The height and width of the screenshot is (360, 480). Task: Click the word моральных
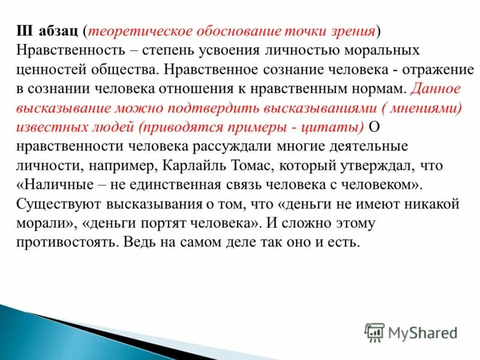[x=377, y=50]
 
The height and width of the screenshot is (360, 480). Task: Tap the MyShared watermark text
[x=423, y=332]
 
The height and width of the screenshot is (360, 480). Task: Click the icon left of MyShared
[x=374, y=332]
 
